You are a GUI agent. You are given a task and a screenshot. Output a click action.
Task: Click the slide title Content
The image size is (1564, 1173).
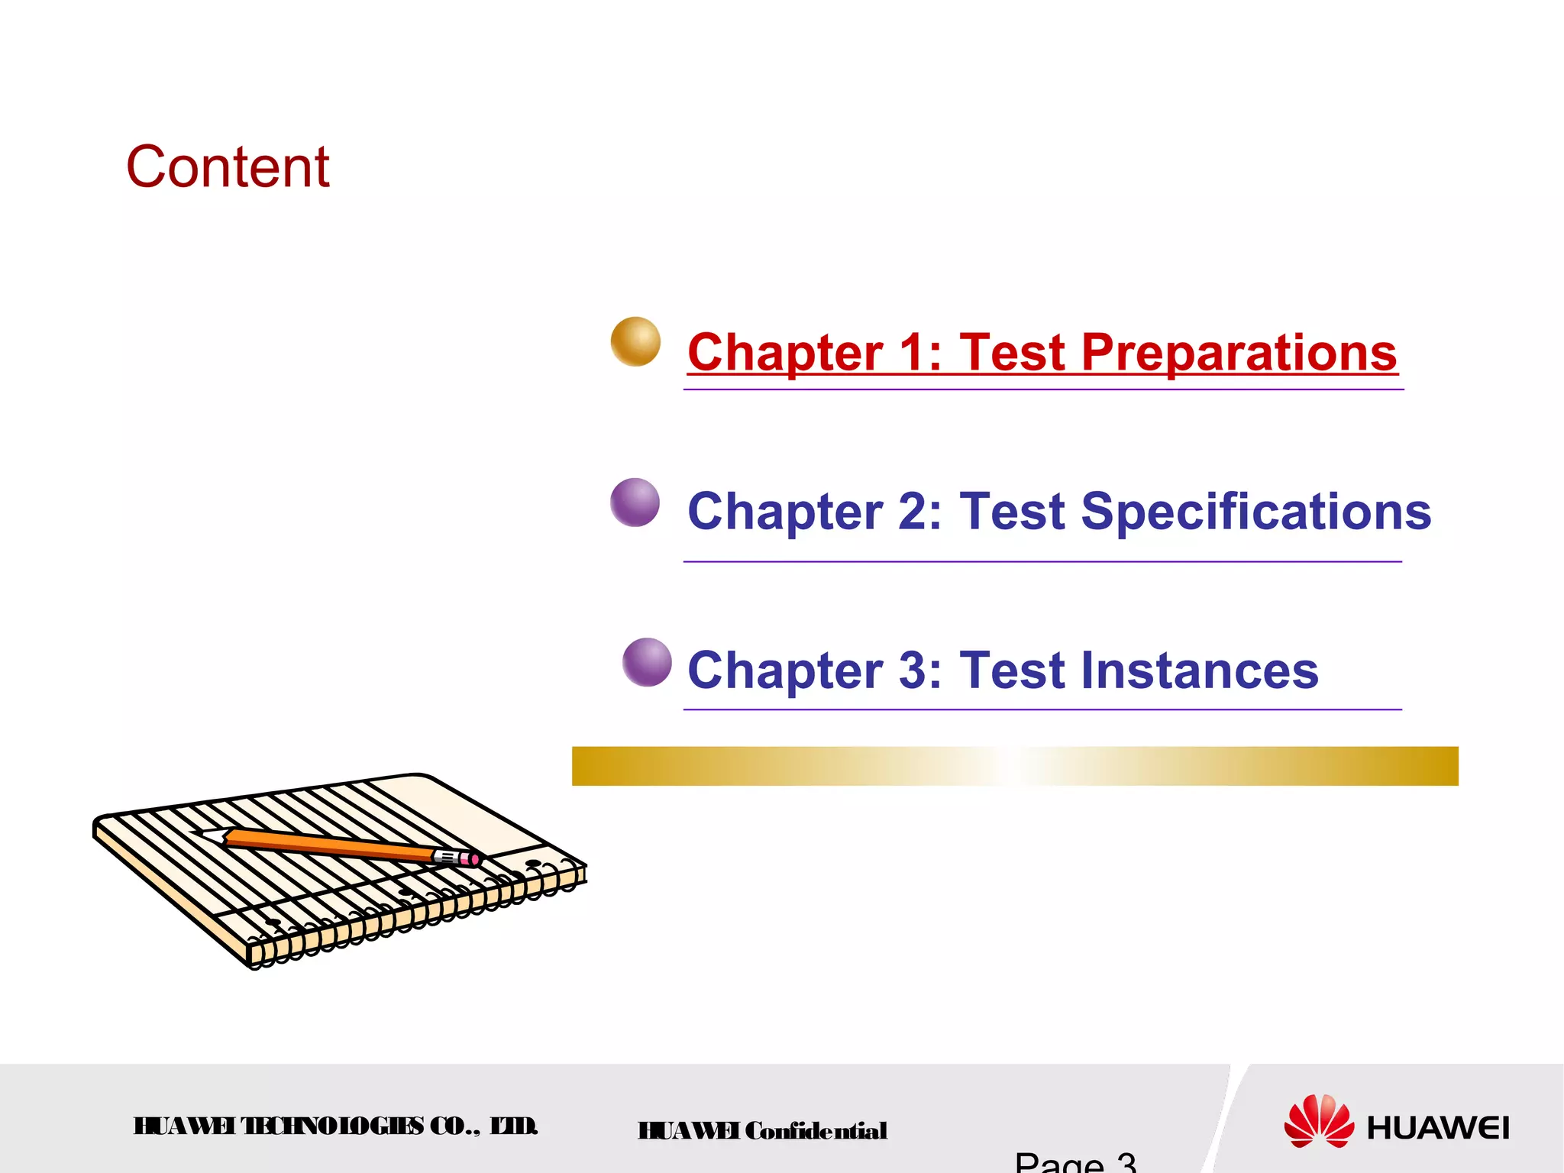pyautogui.click(x=228, y=167)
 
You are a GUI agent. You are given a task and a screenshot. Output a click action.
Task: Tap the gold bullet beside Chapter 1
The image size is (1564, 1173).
pyautogui.click(x=635, y=341)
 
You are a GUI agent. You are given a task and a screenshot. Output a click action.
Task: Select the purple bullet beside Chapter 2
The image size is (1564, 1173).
pyautogui.click(x=635, y=502)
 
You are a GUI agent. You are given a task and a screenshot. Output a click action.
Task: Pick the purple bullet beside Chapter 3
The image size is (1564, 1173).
pyautogui.click(x=647, y=662)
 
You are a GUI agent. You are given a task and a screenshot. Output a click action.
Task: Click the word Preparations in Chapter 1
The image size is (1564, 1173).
pyautogui.click(x=1239, y=354)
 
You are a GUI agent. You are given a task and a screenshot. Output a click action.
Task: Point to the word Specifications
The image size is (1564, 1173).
pyautogui.click(x=1256, y=512)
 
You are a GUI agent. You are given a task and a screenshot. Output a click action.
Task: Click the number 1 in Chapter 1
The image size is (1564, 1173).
pyautogui.click(x=910, y=354)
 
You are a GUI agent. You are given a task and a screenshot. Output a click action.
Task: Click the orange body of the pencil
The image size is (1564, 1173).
pyautogui.click(x=328, y=846)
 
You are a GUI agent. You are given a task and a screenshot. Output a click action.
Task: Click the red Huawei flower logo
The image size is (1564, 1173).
pyautogui.click(x=1319, y=1120)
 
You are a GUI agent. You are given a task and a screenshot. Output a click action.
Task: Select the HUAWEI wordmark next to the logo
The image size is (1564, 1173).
pyautogui.click(x=1437, y=1128)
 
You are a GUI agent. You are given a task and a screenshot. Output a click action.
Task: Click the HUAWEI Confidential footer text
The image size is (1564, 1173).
pyautogui.click(x=762, y=1131)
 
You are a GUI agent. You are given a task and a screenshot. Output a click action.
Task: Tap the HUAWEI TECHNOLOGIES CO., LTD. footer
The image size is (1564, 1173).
pyautogui.click(x=336, y=1126)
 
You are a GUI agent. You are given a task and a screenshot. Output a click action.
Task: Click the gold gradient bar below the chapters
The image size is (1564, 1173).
pyautogui.click(x=1014, y=766)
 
